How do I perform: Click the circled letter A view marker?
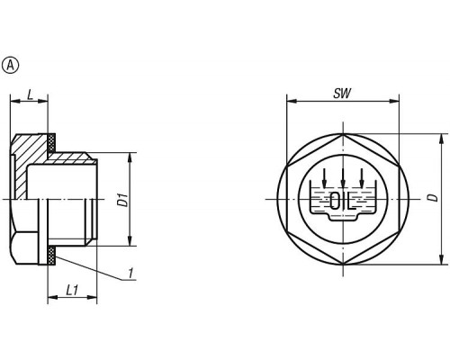tap(10, 65)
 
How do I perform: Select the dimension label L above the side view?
tap(30, 95)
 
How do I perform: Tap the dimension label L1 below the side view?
tap(72, 290)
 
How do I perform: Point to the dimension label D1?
tap(122, 201)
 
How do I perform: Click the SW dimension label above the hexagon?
tap(342, 94)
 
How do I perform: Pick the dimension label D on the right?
tap(432, 198)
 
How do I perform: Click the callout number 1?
tap(130, 274)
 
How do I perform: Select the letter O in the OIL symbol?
tap(334, 202)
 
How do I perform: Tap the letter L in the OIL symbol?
tap(351, 202)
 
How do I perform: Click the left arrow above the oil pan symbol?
tap(324, 177)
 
